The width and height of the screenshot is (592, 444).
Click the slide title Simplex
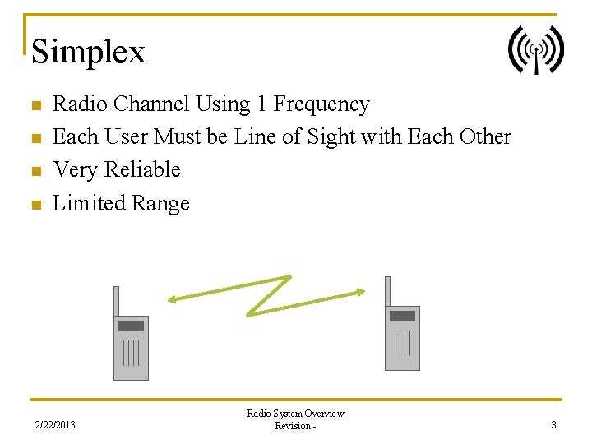click(88, 52)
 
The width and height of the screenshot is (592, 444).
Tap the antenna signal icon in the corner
click(536, 50)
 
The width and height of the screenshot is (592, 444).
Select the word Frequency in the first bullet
click(321, 104)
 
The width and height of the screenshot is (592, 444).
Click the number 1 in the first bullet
click(261, 104)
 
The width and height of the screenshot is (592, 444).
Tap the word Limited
click(87, 203)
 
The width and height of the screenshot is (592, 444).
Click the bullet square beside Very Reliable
click(35, 172)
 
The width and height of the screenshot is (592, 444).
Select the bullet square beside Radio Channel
click(35, 106)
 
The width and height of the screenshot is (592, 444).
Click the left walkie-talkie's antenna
click(117, 301)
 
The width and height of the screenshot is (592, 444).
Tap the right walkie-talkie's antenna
click(387, 291)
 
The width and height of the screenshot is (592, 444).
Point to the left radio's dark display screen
click(131, 326)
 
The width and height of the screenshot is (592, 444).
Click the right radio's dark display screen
click(402, 317)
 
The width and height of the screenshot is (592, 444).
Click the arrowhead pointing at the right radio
click(360, 291)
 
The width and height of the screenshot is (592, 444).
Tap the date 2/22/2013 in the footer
click(55, 425)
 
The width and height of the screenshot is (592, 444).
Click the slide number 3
click(554, 425)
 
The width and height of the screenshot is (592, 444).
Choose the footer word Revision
click(293, 426)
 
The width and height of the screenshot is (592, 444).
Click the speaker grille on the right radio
click(402, 342)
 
